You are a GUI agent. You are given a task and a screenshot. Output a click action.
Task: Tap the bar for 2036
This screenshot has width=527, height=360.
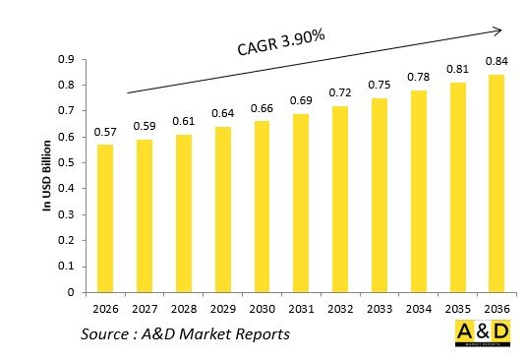(496, 184)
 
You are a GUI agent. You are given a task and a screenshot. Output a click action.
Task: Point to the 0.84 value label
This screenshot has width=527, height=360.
(496, 63)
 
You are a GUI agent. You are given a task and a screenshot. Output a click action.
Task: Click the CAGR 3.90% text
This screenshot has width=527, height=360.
(278, 44)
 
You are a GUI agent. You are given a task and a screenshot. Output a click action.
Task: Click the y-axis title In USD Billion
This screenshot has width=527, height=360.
(45, 176)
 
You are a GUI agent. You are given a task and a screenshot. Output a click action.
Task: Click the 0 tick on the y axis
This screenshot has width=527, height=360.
(70, 292)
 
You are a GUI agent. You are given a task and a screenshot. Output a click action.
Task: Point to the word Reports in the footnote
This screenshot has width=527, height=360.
(260, 335)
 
